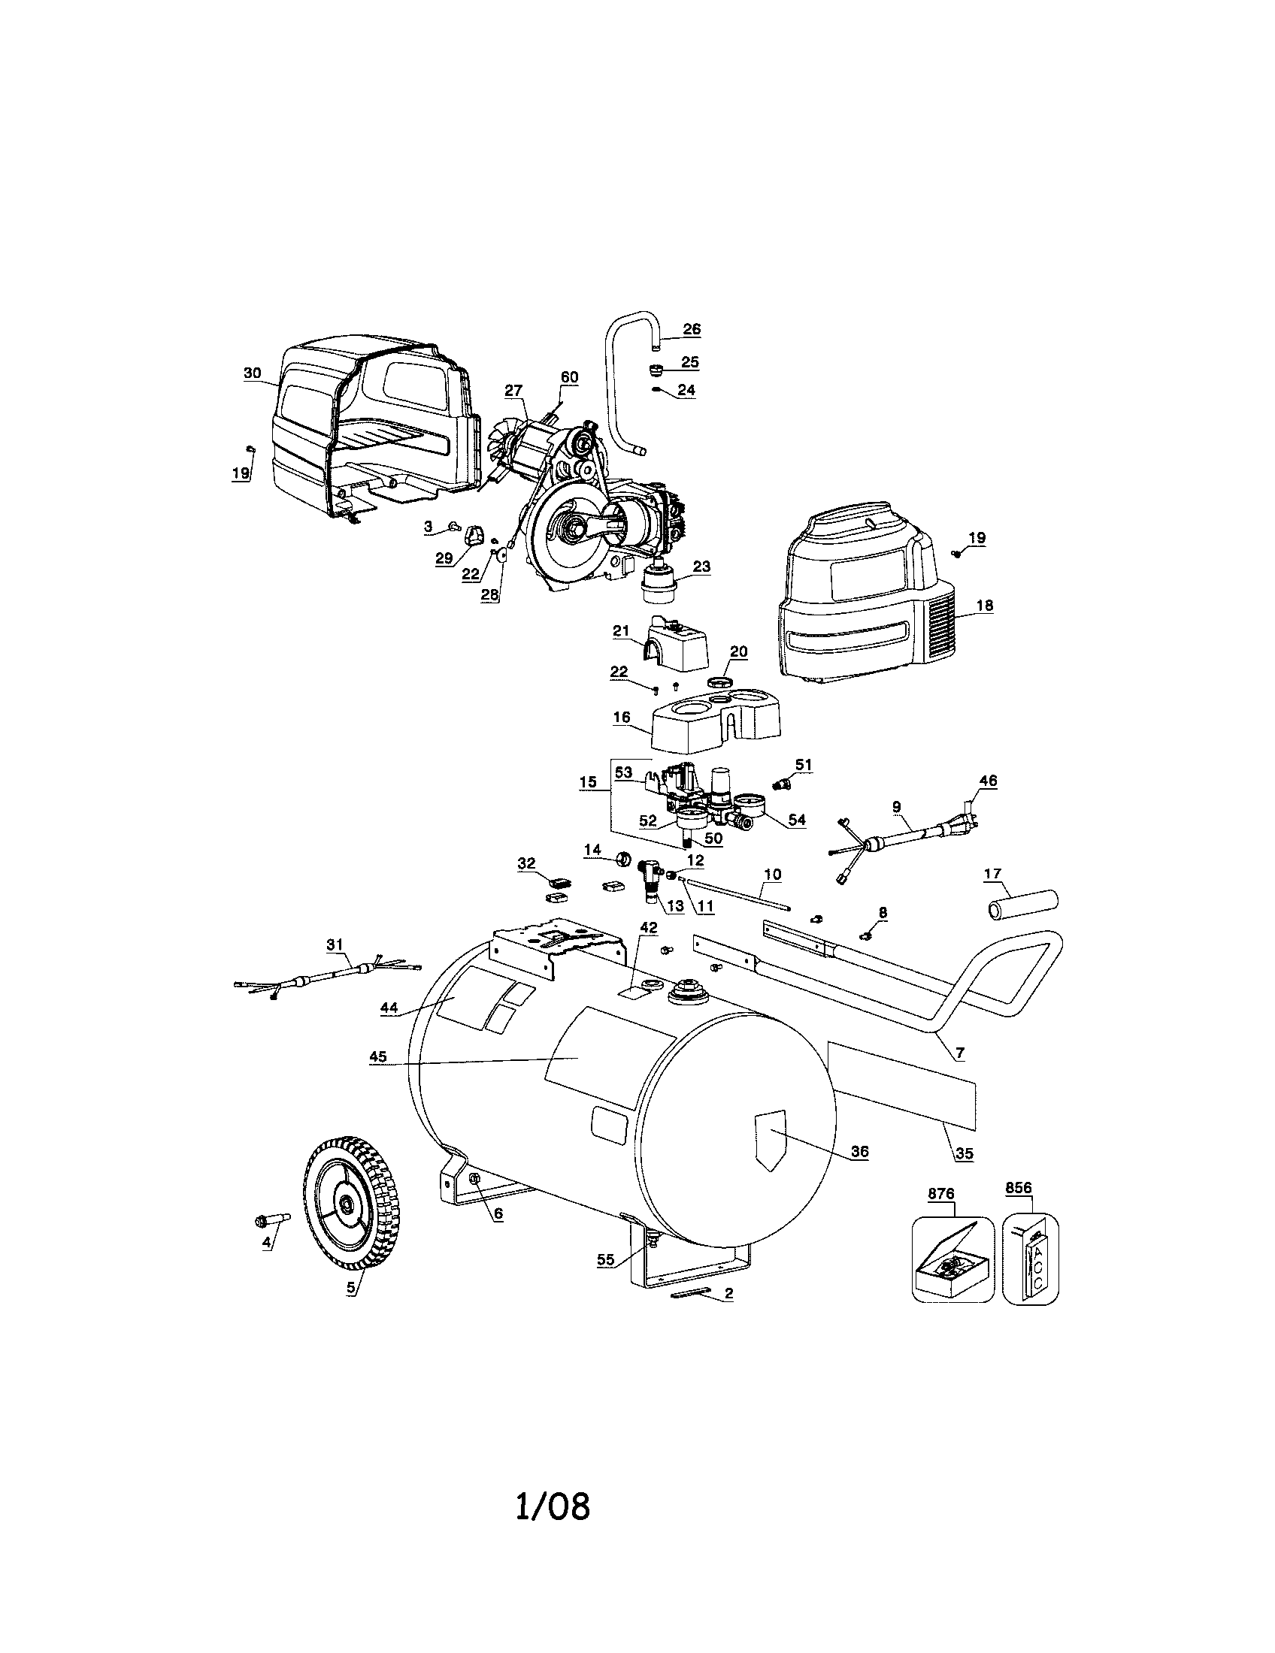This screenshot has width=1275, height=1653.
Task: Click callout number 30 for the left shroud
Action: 252,373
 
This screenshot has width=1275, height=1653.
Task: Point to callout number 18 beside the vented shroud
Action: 985,605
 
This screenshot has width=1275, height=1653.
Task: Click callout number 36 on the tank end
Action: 859,1151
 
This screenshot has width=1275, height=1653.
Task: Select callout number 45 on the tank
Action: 378,1057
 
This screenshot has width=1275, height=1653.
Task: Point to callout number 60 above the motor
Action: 568,377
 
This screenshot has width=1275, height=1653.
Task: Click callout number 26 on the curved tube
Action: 692,329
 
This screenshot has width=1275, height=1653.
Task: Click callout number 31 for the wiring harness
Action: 335,944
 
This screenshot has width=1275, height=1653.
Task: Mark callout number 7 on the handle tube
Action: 960,1053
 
